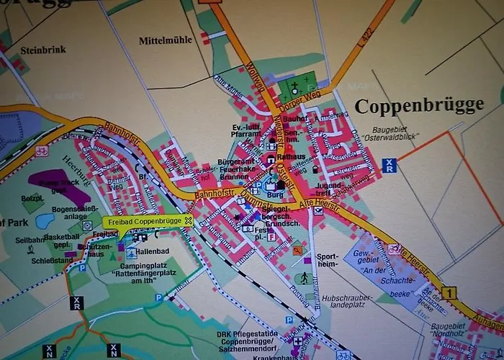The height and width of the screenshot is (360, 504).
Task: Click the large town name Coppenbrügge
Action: [x=419, y=105]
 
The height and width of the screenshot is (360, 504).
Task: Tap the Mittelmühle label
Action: [x=166, y=40]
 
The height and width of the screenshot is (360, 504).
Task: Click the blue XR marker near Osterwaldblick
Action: [x=390, y=165]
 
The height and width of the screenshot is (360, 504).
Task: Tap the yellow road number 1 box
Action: [x=450, y=293]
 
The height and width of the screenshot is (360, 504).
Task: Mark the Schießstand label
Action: [x=48, y=262]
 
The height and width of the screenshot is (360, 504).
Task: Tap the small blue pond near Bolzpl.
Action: [x=45, y=221]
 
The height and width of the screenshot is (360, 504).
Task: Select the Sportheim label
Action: [x=327, y=260]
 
